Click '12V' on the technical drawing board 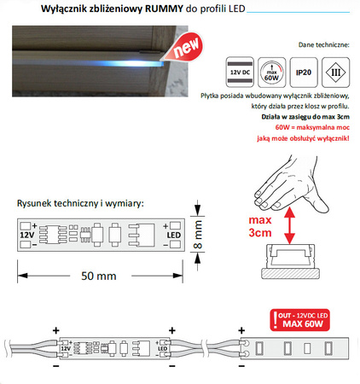28,233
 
